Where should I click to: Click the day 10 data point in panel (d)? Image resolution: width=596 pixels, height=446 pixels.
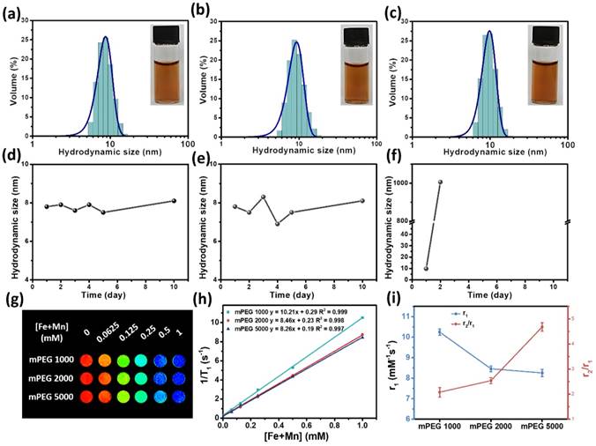click(174, 200)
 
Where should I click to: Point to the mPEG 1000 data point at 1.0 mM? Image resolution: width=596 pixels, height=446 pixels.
click(385, 318)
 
